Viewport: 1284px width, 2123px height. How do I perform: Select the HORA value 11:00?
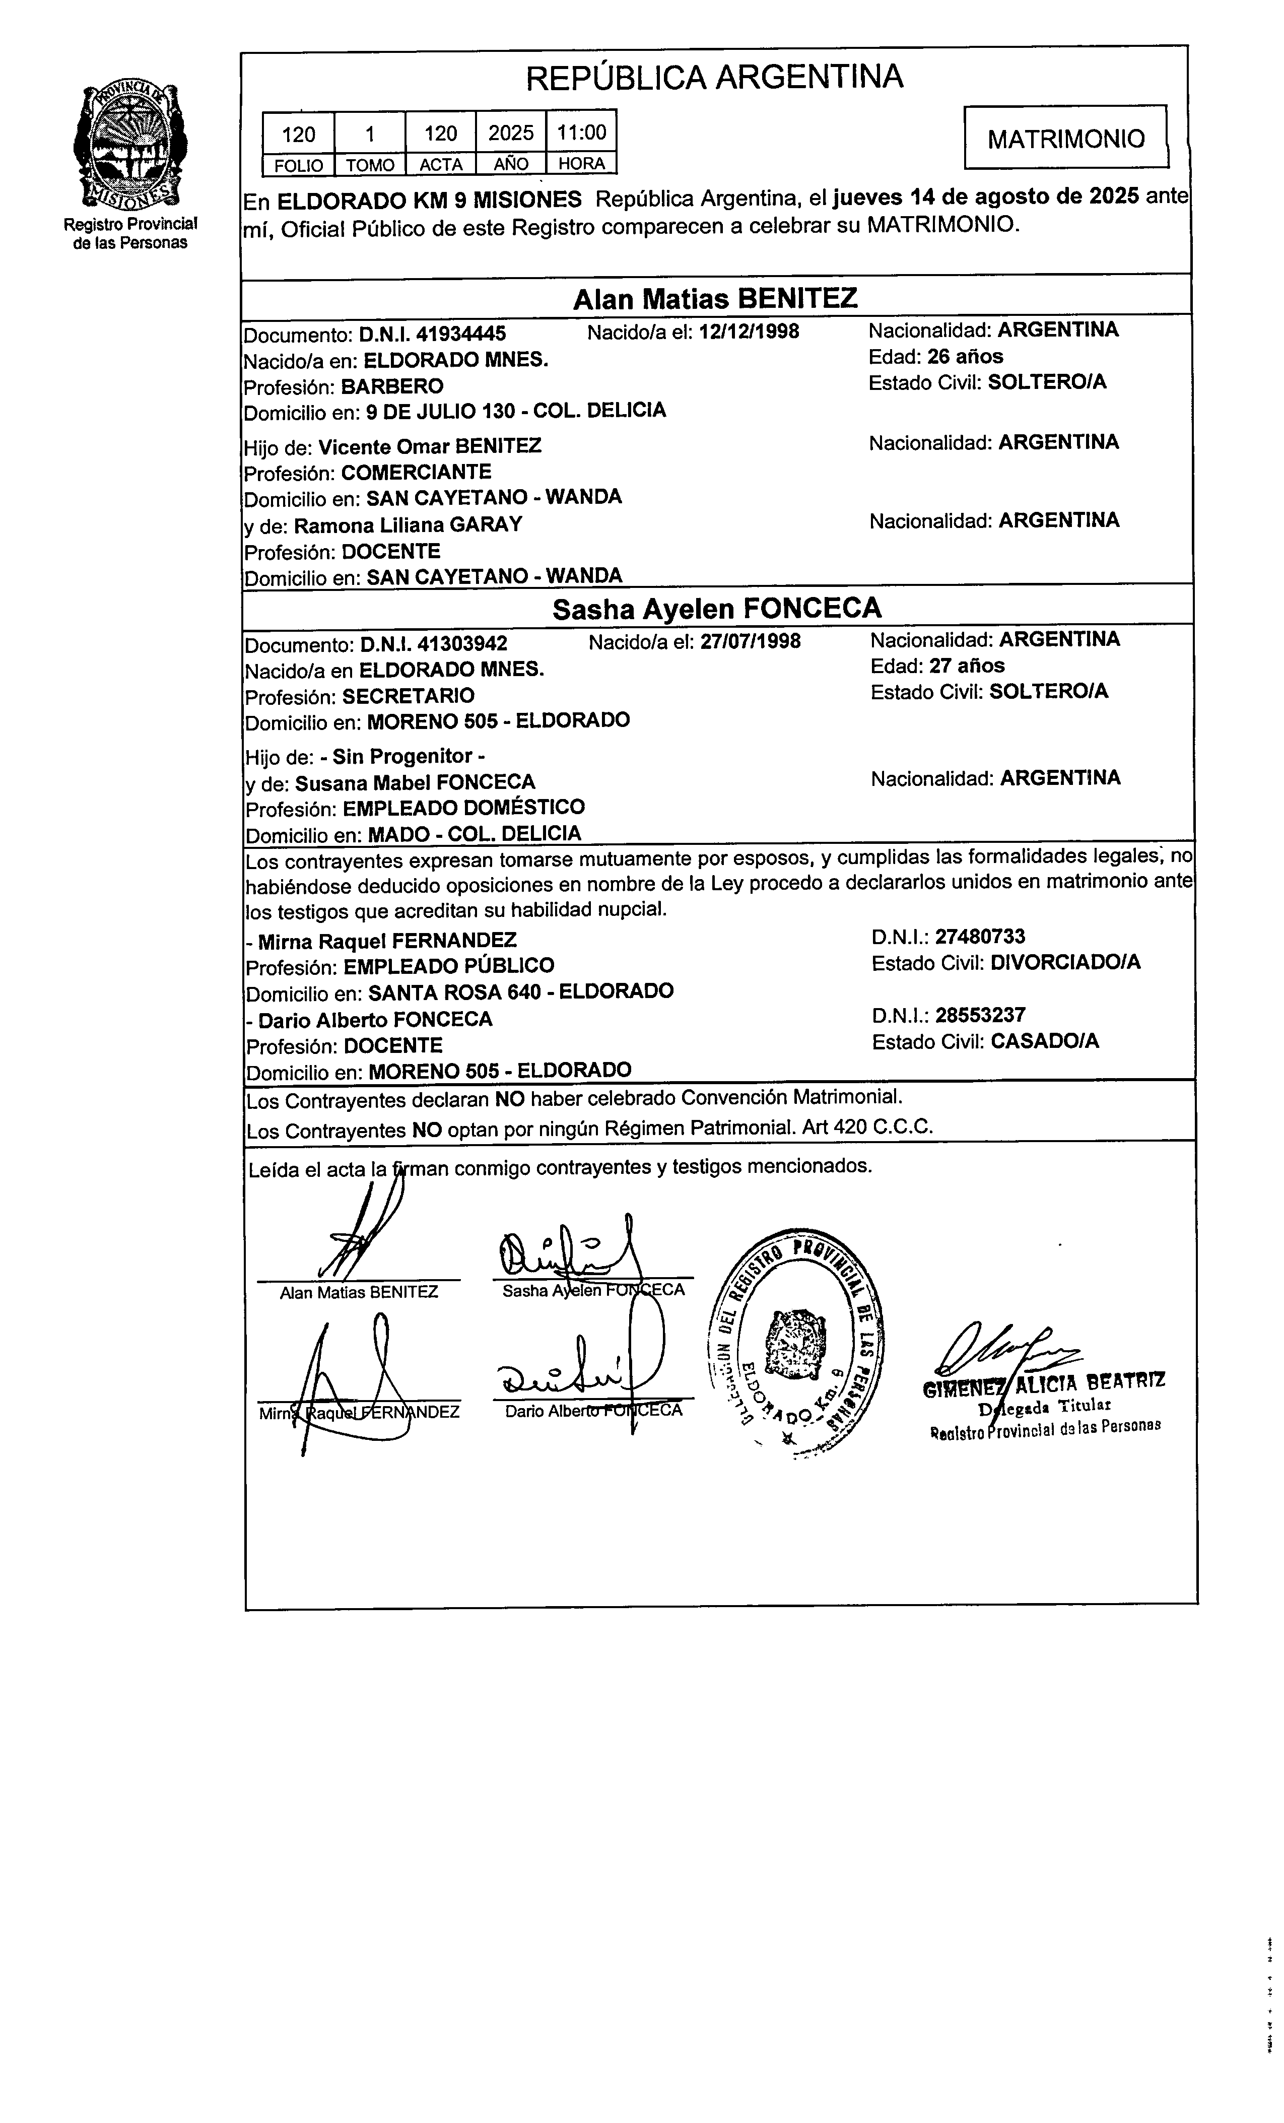coord(582,132)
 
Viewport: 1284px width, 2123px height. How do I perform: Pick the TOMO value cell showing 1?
coord(370,134)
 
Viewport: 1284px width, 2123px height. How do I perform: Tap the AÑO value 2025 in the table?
coord(511,132)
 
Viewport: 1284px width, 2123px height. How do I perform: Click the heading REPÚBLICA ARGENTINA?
coord(714,78)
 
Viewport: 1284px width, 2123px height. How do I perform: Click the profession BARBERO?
coord(392,386)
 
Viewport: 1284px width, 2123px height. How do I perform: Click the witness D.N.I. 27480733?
coord(980,937)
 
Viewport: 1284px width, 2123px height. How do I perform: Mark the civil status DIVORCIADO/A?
coord(1065,962)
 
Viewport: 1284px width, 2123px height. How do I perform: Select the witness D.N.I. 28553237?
coord(980,1015)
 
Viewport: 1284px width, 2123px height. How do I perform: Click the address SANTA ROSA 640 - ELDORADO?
coord(520,991)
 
